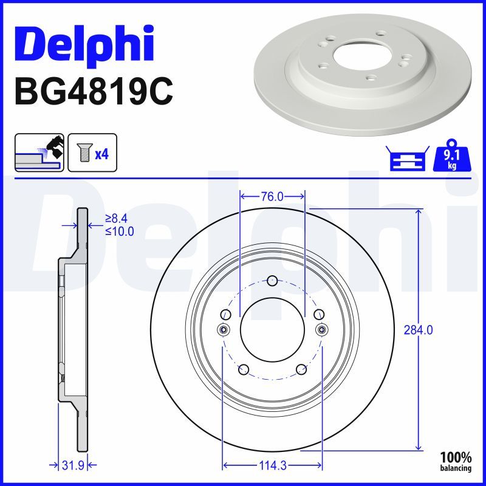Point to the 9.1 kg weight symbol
point(451,158)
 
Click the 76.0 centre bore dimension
point(272,197)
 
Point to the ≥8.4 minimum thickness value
point(118,218)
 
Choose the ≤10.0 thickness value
point(119,231)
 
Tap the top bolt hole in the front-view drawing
point(272,281)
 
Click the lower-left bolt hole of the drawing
point(244,369)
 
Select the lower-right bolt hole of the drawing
point(300,369)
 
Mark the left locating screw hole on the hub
point(223,329)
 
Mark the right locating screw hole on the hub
point(321,329)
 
